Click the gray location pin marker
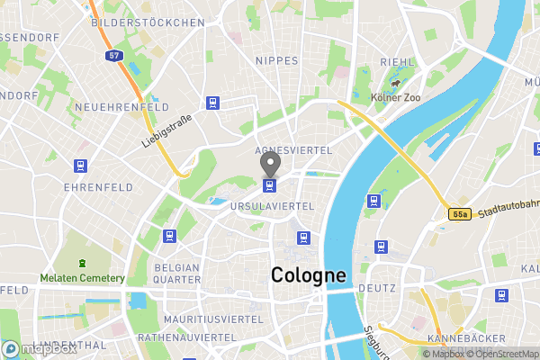tap(270, 164)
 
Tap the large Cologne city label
tap(309, 275)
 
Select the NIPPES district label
tap(276, 61)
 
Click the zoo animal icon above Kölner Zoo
tap(394, 82)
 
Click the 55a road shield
tap(461, 214)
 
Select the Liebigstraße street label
tap(167, 130)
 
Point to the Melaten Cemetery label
tap(82, 278)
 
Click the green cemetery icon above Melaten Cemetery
tap(82, 264)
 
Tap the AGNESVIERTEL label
tap(293, 149)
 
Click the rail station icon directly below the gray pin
tap(269, 185)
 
